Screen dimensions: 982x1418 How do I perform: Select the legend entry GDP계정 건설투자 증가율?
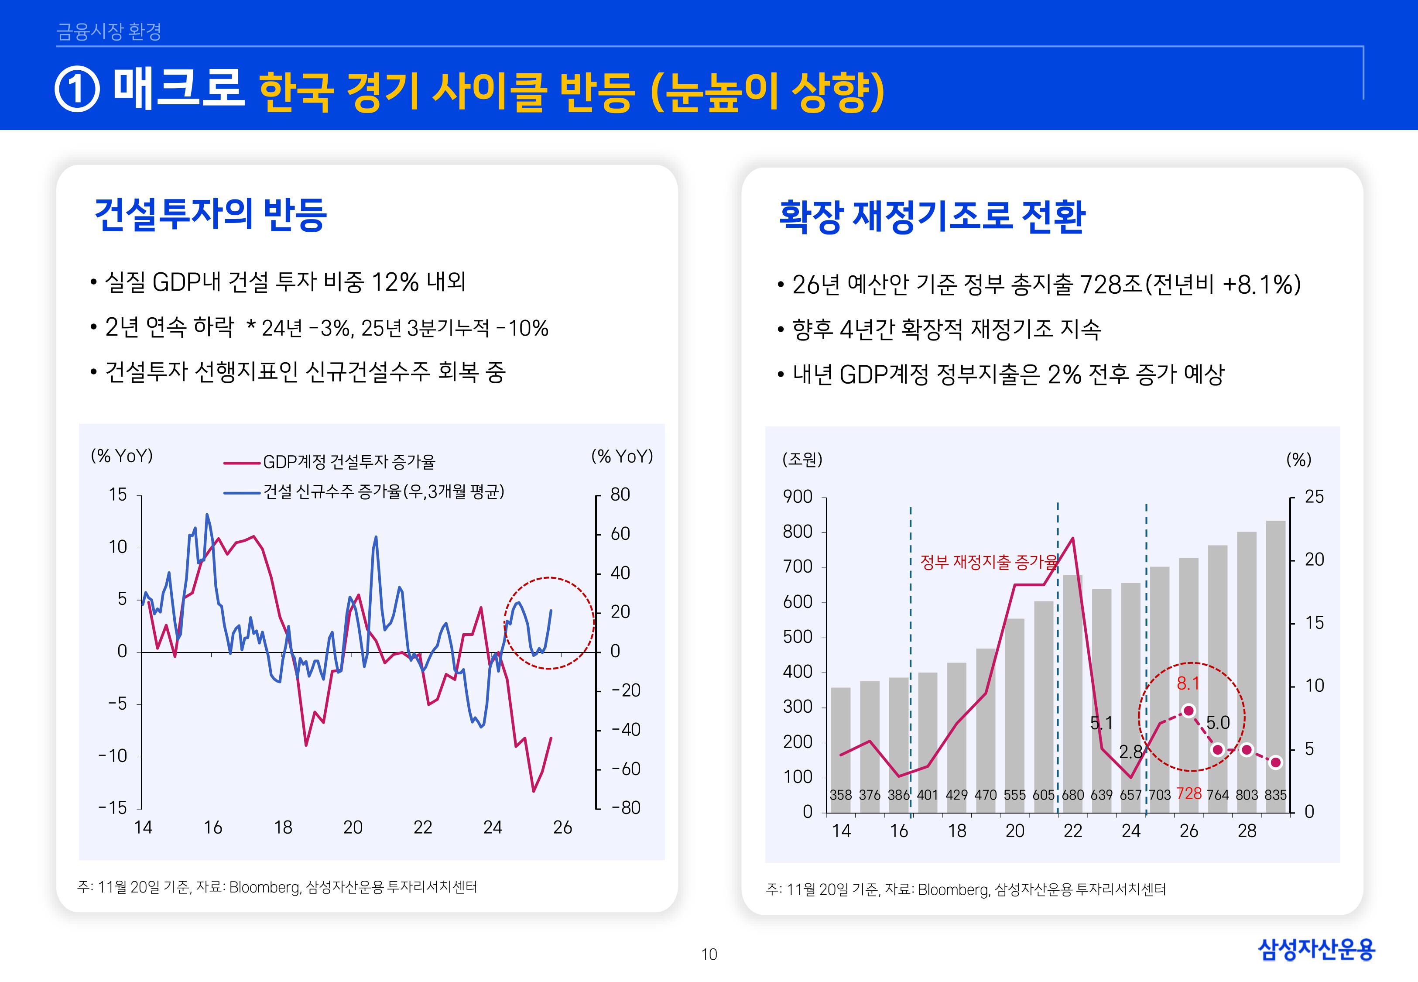(349, 461)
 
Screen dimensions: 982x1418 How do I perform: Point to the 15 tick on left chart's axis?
(117, 494)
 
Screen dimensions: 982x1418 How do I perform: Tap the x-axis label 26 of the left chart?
(562, 827)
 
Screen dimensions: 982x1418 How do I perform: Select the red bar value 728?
(1189, 794)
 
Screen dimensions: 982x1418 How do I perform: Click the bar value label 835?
(1275, 795)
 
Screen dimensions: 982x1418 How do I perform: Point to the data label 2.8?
(1130, 752)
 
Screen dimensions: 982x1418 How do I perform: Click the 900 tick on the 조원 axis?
(798, 497)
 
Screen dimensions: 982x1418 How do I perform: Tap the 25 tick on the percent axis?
(1314, 497)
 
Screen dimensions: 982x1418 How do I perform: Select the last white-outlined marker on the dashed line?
(1275, 762)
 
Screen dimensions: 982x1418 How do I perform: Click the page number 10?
(709, 955)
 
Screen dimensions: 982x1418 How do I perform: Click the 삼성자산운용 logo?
(1316, 949)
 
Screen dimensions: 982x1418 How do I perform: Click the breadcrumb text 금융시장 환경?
(109, 31)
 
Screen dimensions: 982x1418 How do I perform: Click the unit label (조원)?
(802, 459)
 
